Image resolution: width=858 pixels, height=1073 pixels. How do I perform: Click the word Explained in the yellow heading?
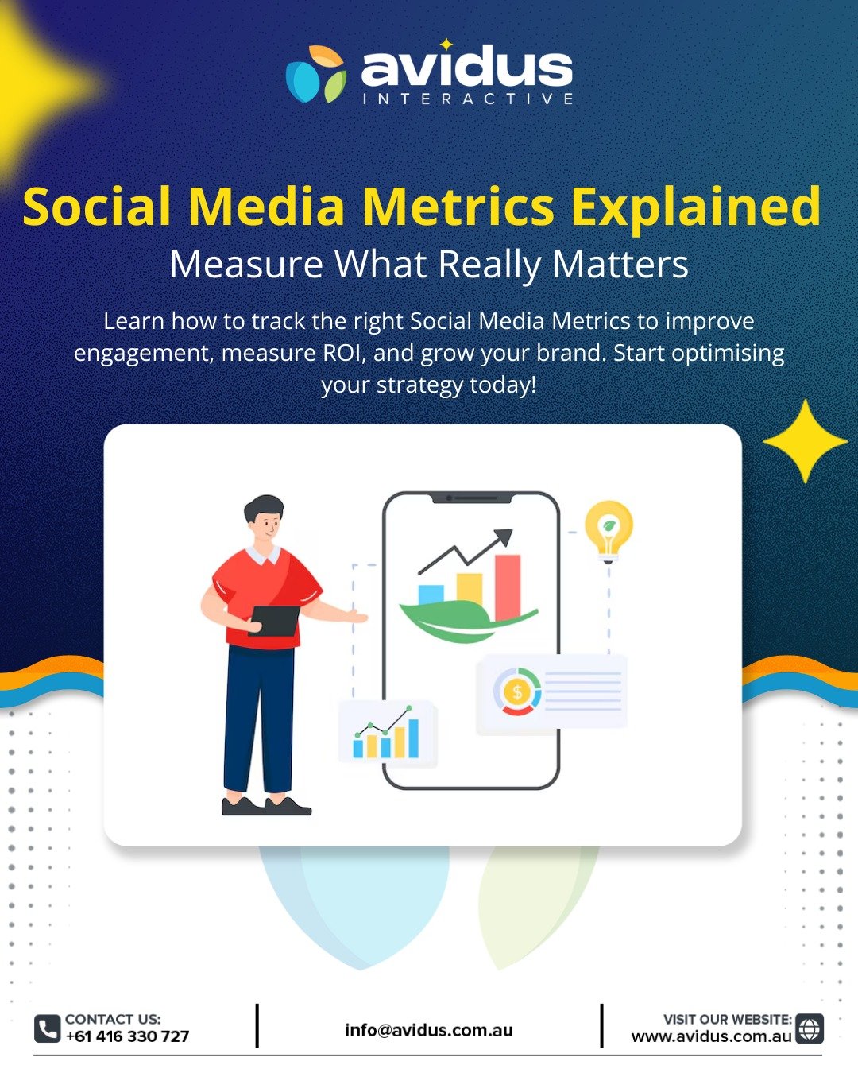pyautogui.click(x=696, y=207)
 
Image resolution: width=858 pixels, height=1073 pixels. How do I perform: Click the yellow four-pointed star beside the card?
pyautogui.click(x=805, y=442)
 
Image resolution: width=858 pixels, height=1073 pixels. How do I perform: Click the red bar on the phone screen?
pyautogui.click(x=508, y=587)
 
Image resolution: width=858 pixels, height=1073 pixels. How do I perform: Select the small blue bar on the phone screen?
pyautogui.click(x=431, y=595)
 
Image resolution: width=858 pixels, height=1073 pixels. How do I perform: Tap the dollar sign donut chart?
pyautogui.click(x=517, y=691)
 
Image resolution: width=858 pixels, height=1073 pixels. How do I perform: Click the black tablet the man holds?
pyautogui.click(x=274, y=621)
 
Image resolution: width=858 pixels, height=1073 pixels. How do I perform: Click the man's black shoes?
pyautogui.click(x=266, y=806)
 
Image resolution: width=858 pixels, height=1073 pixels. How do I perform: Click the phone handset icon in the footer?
pyautogui.click(x=47, y=1028)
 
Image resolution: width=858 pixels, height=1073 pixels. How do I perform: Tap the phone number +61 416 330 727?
pyautogui.click(x=127, y=1036)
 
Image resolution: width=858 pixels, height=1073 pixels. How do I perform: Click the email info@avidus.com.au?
pyautogui.click(x=429, y=1030)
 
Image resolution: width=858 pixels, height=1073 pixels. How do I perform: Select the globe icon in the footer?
pyautogui.click(x=809, y=1028)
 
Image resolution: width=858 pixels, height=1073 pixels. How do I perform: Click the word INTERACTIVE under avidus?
pyautogui.click(x=467, y=99)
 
